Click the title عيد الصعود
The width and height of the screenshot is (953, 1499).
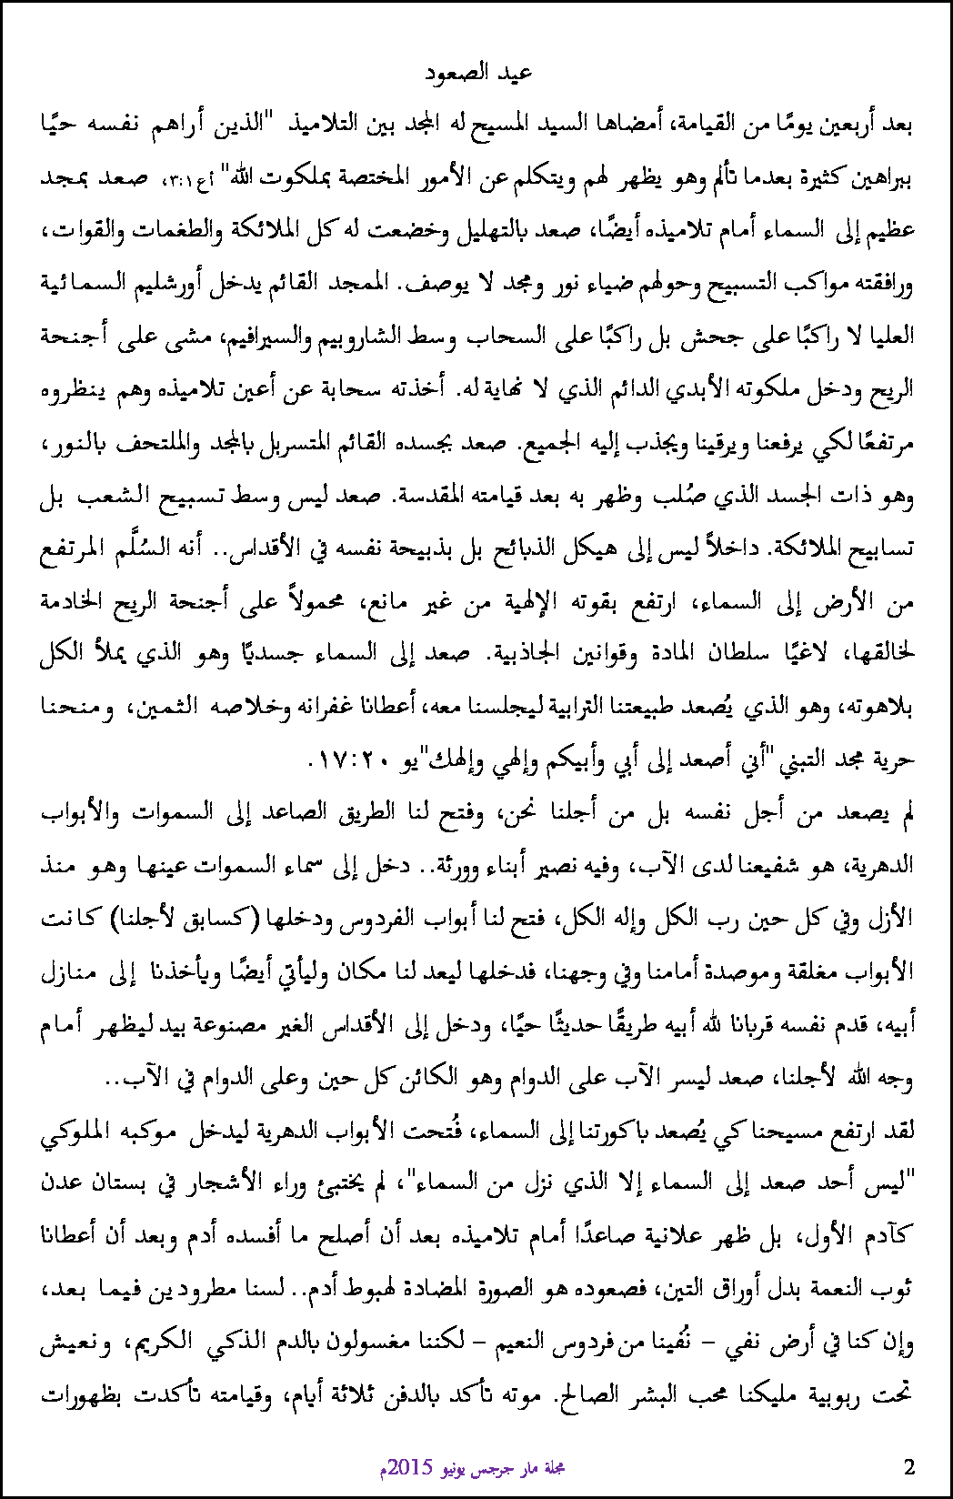tap(478, 73)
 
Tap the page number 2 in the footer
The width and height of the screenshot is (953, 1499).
tap(909, 1465)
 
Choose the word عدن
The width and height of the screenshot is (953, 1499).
tap(63, 1184)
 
